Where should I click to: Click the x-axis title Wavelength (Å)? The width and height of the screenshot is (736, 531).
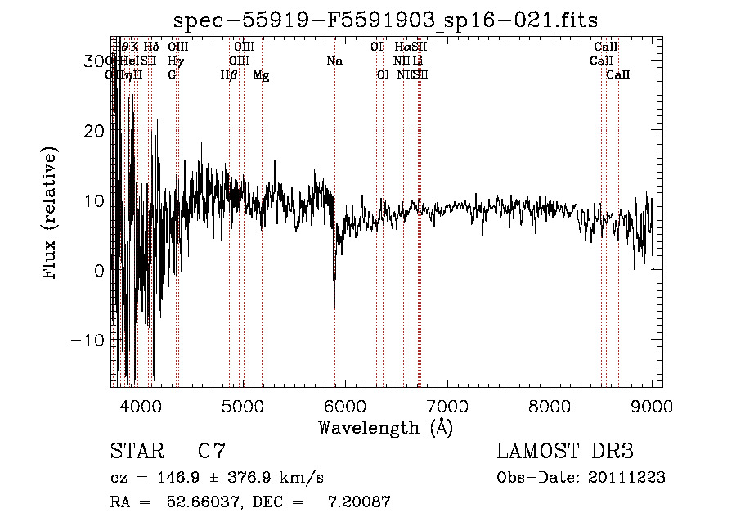pos(385,427)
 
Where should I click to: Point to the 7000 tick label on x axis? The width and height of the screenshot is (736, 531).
pos(447,405)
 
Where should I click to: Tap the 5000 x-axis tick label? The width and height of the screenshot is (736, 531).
pos(241,405)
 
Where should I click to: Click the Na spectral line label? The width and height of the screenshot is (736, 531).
pos(334,61)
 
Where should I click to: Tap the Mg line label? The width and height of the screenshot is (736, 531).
pos(262,75)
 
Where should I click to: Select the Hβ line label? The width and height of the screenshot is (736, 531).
pos(229,75)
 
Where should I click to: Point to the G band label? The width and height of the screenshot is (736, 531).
pos(172,75)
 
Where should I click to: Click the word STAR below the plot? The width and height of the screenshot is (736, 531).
pos(137,451)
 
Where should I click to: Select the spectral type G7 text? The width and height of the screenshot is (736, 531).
pos(212,451)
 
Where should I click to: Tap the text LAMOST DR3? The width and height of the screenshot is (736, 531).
pos(565,451)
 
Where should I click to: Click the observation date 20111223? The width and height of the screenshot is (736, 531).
pos(630,478)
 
